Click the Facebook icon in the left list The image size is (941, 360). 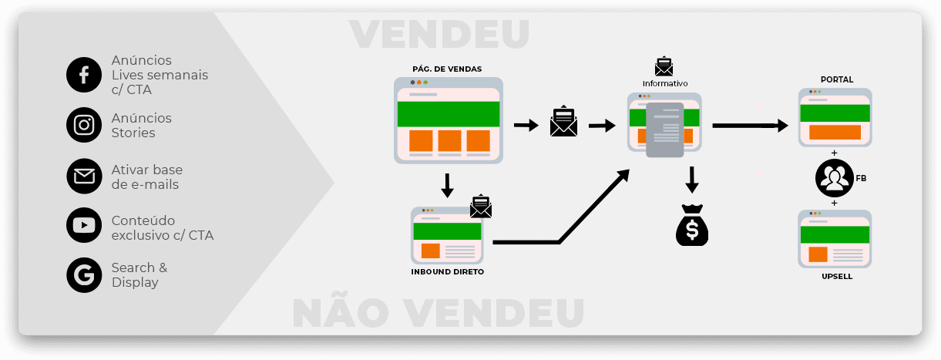point(84,75)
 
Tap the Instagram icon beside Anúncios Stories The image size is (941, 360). point(84,125)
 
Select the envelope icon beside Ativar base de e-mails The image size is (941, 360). point(84,177)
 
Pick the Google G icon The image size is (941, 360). point(84,274)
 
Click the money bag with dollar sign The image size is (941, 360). point(691,226)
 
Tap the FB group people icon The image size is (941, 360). point(834,178)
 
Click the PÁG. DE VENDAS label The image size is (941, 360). point(447,69)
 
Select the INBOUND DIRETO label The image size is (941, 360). point(447,272)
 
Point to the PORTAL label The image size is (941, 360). point(837,79)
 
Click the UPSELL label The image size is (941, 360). point(837,276)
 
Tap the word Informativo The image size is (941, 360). point(665,83)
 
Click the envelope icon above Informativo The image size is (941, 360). point(664,66)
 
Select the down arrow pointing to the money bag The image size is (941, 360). point(692,180)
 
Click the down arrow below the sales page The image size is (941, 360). point(447,185)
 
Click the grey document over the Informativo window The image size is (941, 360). point(664,130)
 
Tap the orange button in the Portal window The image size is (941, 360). point(835,132)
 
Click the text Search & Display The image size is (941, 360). point(139,275)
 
